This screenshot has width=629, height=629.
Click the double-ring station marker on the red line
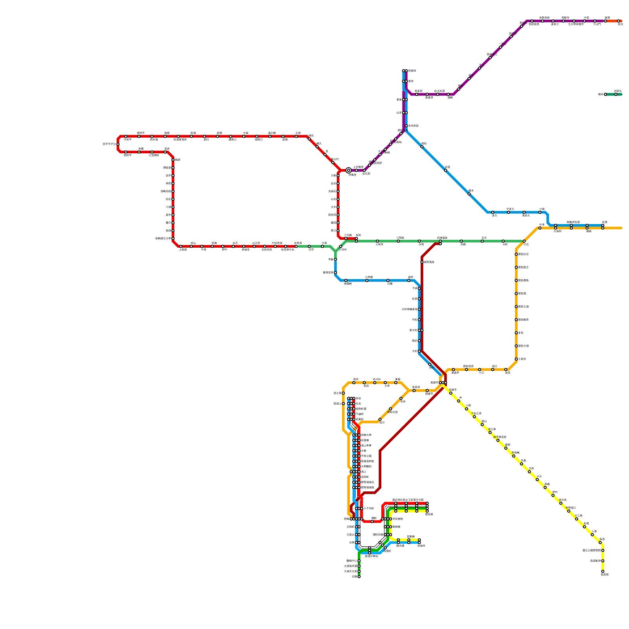pos(348,170)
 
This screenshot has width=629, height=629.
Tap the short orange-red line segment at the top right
pos(614,21)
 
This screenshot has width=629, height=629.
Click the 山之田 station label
pos(256,243)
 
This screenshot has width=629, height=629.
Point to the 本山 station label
pos(193,243)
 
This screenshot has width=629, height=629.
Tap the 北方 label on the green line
pos(484,237)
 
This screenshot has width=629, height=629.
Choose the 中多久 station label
pos(510,209)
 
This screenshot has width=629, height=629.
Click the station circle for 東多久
pos(524,212)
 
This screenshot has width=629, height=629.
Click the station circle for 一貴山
pos(500,47)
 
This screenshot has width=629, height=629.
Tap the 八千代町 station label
pos(369,508)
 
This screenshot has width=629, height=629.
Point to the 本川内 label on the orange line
pos(377,379)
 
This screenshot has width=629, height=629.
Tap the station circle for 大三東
pos(577,519)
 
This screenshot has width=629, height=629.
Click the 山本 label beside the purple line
pos(399,113)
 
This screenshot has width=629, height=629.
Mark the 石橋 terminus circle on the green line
pos(359,577)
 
